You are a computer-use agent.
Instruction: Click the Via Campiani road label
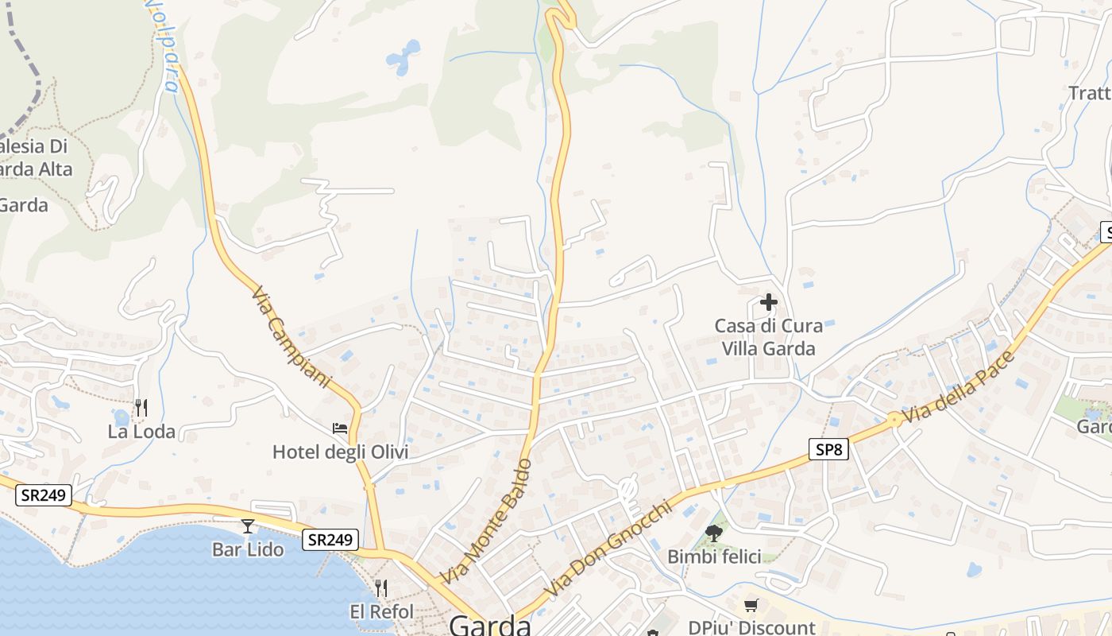click(x=291, y=337)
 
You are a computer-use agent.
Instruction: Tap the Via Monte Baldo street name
click(x=486, y=521)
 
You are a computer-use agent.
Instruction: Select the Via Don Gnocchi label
click(x=608, y=549)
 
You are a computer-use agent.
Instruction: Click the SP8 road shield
click(x=828, y=449)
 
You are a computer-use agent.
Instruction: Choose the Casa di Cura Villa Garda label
click(x=768, y=337)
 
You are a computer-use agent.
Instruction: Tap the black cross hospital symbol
click(x=768, y=302)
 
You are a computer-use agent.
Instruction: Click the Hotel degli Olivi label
click(x=340, y=452)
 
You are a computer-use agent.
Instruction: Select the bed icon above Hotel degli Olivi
click(x=340, y=429)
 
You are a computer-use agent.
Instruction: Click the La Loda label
click(x=141, y=432)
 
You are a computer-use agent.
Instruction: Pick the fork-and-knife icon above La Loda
click(x=141, y=408)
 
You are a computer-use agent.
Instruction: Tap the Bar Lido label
click(x=248, y=549)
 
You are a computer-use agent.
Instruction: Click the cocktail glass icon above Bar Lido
click(x=248, y=526)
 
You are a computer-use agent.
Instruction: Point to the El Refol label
click(x=381, y=611)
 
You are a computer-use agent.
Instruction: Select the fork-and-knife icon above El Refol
click(x=381, y=588)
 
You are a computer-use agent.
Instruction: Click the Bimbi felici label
click(x=714, y=556)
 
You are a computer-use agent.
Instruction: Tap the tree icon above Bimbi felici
click(x=714, y=533)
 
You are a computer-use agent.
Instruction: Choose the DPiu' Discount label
click(x=751, y=627)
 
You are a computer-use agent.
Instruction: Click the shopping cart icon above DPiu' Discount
click(x=751, y=605)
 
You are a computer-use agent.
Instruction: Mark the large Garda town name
click(x=490, y=625)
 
